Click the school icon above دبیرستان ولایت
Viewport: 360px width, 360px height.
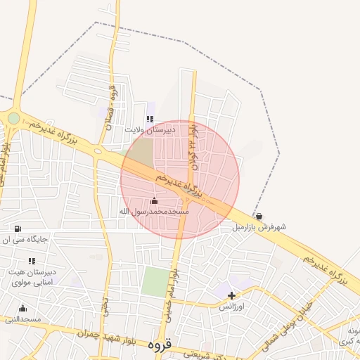pyautogui.click(x=149, y=119)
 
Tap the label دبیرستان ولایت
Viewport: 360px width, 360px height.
pyautogui.click(x=150, y=130)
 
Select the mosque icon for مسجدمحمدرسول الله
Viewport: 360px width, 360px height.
pyautogui.click(x=155, y=201)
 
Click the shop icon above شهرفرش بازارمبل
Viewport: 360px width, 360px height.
pyautogui.click(x=259, y=217)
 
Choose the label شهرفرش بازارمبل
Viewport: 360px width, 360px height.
pyautogui.click(x=260, y=227)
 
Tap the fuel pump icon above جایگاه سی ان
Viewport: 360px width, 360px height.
pyautogui.click(x=18, y=229)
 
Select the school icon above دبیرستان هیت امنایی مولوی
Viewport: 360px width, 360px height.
pyautogui.click(x=31, y=261)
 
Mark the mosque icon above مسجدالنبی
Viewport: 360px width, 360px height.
pyautogui.click(x=22, y=308)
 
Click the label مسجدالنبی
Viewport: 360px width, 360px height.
pyautogui.click(x=23, y=319)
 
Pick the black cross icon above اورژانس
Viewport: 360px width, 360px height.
pyautogui.click(x=231, y=295)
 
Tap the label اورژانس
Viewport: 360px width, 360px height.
pyautogui.click(x=231, y=307)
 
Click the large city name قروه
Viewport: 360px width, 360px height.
pyautogui.click(x=160, y=346)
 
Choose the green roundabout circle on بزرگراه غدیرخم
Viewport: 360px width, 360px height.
pyautogui.click(x=13, y=118)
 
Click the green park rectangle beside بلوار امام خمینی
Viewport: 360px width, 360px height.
pyautogui.click(x=155, y=282)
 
